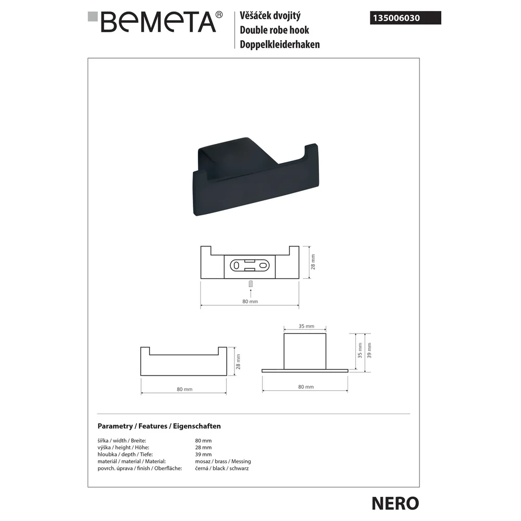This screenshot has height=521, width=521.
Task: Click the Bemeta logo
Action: coord(155,22)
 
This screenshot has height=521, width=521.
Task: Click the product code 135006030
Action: coord(396,18)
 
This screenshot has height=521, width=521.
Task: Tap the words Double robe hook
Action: coord(275,30)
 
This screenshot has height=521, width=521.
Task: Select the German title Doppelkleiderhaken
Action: coord(280,44)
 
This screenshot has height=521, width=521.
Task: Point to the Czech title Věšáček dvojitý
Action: coord(270,15)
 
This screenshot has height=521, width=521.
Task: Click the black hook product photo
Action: coord(255,176)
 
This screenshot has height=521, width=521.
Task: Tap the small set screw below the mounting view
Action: coord(251,284)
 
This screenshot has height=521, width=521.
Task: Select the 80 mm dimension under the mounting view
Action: coord(250,301)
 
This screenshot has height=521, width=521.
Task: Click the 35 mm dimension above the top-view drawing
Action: coord(306,326)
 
